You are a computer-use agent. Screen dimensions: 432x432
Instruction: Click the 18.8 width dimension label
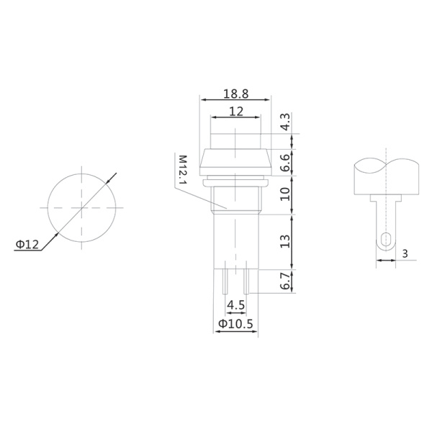(x=235, y=94)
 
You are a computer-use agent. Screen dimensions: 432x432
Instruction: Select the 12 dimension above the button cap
(x=235, y=112)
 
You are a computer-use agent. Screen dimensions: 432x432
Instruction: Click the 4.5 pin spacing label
(x=235, y=305)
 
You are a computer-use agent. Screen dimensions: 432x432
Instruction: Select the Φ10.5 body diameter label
(x=235, y=325)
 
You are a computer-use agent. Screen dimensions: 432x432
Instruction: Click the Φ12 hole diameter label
(x=27, y=245)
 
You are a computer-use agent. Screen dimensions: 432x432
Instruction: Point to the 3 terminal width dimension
(x=405, y=253)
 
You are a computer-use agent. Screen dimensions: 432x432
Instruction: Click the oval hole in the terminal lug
(x=386, y=240)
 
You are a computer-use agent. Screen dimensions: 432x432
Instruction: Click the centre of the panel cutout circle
(x=83, y=207)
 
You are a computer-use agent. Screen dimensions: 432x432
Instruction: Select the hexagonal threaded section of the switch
(x=235, y=198)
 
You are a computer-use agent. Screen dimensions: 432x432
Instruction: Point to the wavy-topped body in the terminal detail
(x=387, y=176)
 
